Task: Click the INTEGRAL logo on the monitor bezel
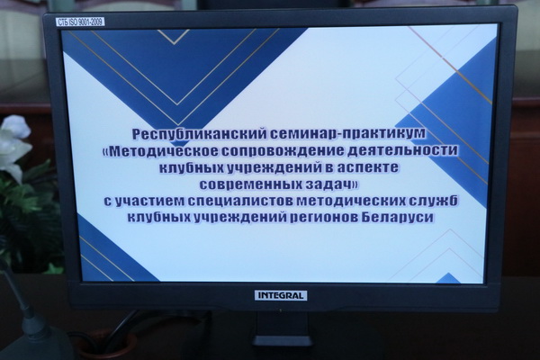pyautogui.click(x=281, y=295)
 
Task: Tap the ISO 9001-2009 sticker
pyautogui.click(x=80, y=22)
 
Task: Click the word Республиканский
pyautogui.click(x=200, y=134)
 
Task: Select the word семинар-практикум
pyautogui.click(x=348, y=134)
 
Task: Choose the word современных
pyautogui.click(x=251, y=184)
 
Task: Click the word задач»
pyautogui.click(x=331, y=184)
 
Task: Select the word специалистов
pyautogui.click(x=240, y=202)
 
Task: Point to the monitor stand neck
pyautogui.click(x=282, y=326)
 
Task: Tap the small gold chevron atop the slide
pyautogui.click(x=174, y=36)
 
